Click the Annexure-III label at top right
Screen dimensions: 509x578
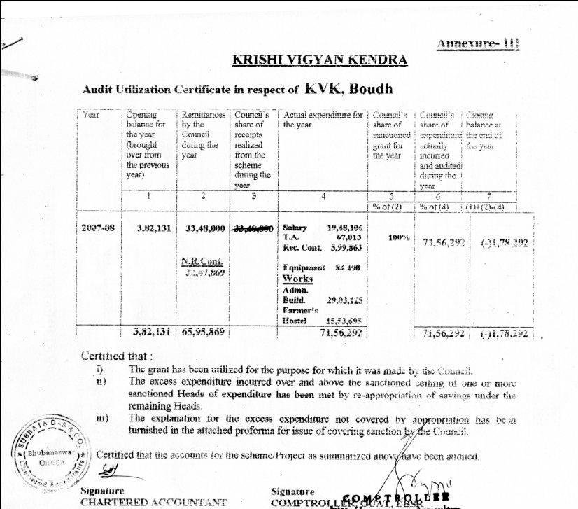pos(478,43)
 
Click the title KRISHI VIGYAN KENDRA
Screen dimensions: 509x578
pos(320,60)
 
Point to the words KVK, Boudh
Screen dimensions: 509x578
pos(349,89)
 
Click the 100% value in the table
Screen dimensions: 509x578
pos(398,238)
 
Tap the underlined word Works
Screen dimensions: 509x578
pos(297,278)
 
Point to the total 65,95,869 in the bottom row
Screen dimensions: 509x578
pos(203,333)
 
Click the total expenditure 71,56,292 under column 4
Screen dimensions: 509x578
pos(341,333)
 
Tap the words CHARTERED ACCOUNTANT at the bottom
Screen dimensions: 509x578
pos(153,502)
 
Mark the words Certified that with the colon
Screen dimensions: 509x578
pos(116,356)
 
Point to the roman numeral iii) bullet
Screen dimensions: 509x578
pos(101,418)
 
